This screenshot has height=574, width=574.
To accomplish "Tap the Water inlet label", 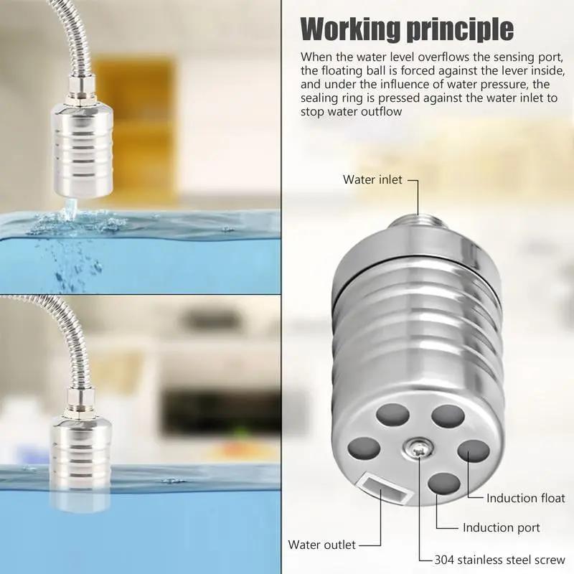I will click(x=372, y=179).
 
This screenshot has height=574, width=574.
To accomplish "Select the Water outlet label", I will click(x=321, y=545).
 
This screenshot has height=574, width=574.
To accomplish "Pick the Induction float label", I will click(x=525, y=498).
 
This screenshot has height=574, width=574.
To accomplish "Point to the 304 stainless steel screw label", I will click(x=500, y=560).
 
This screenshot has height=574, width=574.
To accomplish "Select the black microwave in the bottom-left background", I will click(x=208, y=413).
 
